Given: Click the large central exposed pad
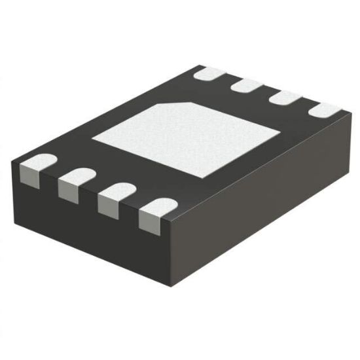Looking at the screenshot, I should (187, 137).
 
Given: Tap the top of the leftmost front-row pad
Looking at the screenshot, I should (39, 160).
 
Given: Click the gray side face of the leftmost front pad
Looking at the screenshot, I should (29, 173).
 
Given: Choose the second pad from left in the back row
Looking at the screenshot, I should (247, 85).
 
